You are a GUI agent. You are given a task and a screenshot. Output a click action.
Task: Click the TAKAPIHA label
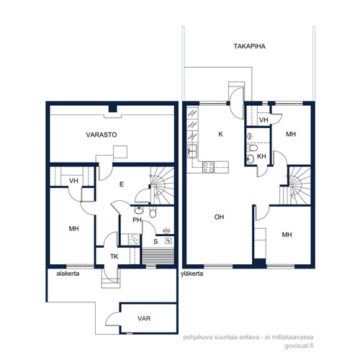coord(250,46)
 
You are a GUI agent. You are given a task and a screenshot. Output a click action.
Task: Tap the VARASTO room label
coord(102,135)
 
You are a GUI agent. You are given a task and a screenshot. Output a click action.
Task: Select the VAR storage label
coord(144,318)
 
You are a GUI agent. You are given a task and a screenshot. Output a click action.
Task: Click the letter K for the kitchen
coord(220,134)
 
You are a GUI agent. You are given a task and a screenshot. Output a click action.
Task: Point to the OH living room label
coord(219,217)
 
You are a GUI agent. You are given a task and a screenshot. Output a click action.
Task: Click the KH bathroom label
coord(261,156)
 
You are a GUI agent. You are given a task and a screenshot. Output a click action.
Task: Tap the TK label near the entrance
coord(114,256)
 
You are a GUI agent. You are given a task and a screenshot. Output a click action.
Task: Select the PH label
coord(137,220)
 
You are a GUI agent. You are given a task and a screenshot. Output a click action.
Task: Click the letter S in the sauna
coord(156,241)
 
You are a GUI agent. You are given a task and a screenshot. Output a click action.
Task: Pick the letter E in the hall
coord(122,184)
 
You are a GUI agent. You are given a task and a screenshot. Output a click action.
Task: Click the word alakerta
coord(68,274)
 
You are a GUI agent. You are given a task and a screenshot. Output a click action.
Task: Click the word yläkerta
coord(192,274)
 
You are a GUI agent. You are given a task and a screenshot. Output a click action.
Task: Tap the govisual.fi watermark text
coord(299,346)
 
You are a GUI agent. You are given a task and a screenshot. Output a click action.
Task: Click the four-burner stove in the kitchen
coord(208,167)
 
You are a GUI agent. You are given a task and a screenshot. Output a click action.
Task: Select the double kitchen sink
coord(192,151)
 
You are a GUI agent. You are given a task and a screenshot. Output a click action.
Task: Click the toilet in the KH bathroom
coord(252,148)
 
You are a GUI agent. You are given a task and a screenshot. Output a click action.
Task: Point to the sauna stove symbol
coord(168,240)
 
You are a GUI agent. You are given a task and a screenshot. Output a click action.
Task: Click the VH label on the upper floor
coord(264,120)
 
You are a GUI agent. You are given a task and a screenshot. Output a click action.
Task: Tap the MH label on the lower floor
coord(73,228)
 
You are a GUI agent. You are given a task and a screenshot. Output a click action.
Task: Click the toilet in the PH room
coord(153,212)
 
